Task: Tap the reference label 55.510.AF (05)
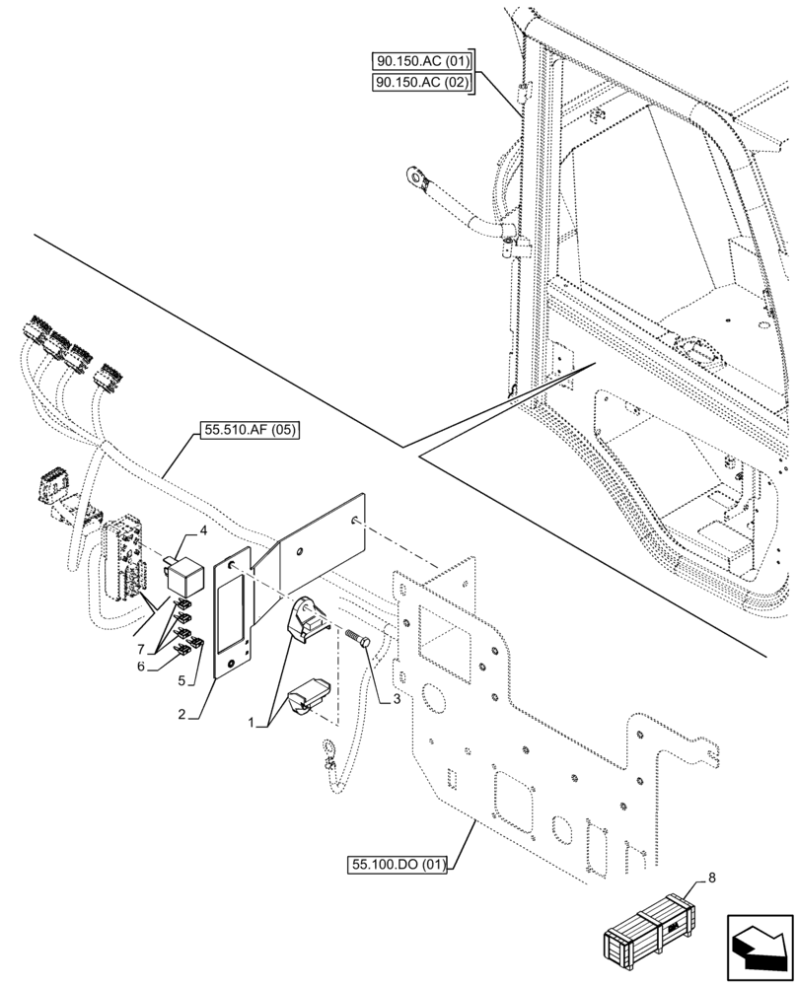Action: tap(251, 429)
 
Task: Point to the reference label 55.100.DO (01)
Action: tap(398, 866)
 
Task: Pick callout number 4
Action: tap(202, 530)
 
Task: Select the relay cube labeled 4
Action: tap(183, 569)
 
